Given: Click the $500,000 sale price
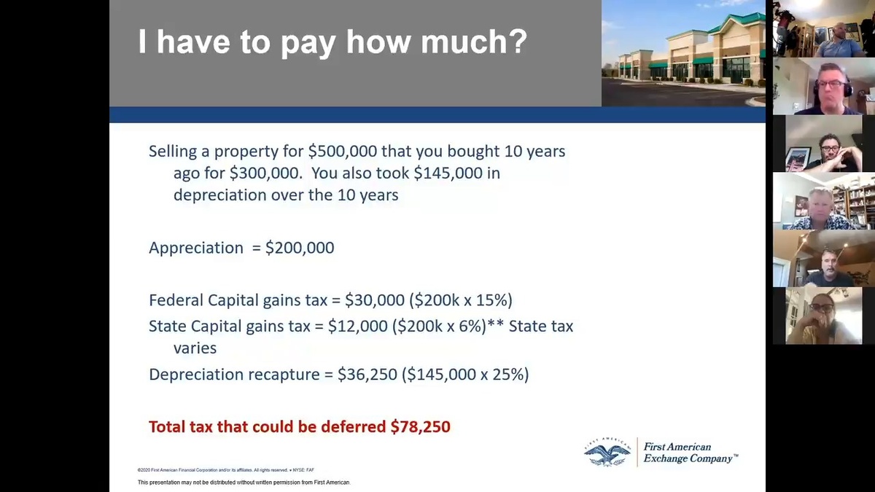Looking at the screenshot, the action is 343,151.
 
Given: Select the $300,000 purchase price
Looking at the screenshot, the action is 265,173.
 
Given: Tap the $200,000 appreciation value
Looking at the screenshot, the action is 300,248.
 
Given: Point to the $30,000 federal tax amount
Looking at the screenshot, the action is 375,300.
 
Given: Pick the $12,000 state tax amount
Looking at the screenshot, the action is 358,326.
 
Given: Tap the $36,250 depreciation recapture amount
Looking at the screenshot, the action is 367,374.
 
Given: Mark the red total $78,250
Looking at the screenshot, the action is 420,426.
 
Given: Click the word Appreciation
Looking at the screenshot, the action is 196,248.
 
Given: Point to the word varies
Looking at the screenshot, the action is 195,348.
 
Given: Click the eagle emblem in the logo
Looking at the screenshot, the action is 607,452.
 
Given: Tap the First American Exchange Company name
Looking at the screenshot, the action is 691,453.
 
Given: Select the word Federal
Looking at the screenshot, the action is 176,300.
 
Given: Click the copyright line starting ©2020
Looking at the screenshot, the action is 226,470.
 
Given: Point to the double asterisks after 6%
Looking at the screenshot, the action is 495,324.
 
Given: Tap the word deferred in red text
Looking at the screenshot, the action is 354,426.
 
